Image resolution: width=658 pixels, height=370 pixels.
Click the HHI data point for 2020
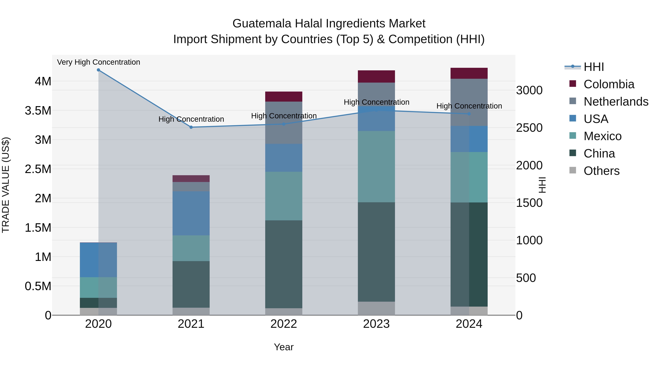98,70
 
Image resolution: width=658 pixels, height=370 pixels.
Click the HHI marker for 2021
191,127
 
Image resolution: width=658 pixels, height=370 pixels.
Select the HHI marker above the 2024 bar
469,114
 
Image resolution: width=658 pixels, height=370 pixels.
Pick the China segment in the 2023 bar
376,252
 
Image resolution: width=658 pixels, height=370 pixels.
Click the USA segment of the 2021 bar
191,213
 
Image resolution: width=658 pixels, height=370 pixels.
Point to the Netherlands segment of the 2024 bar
469,102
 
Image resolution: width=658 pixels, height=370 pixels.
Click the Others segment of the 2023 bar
376,308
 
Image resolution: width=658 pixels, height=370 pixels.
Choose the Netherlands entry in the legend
616,102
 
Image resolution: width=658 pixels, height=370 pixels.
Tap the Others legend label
602,171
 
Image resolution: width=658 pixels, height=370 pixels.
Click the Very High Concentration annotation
98,62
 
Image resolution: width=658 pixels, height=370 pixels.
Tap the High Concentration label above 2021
191,119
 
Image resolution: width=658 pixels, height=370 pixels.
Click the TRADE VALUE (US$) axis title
6,185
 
